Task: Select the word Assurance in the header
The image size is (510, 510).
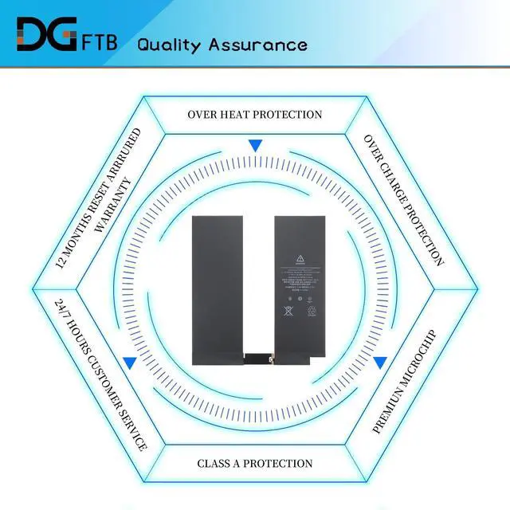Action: click(x=257, y=45)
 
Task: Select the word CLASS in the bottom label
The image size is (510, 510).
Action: click(x=216, y=463)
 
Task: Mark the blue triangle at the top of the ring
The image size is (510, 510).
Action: click(x=255, y=146)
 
